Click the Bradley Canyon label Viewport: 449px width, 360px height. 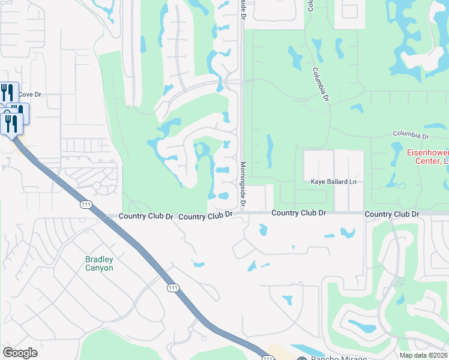pyautogui.click(x=99, y=264)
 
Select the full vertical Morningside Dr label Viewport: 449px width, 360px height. pyautogui.click(x=243, y=184)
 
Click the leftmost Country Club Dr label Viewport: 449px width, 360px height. pyautogui.click(x=146, y=216)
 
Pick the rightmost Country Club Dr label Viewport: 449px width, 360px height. pyautogui.click(x=391, y=214)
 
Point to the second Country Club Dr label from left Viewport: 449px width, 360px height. pyautogui.click(x=205, y=216)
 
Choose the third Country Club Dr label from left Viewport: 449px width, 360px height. pyautogui.click(x=298, y=213)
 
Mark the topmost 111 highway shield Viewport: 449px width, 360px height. pyautogui.click(x=86, y=205)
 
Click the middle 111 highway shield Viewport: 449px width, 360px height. pyautogui.click(x=173, y=289)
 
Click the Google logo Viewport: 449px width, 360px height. pyautogui.click(x=20, y=353)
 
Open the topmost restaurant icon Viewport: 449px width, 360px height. pyautogui.click(x=7, y=92)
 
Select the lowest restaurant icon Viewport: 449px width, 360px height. pyautogui.click(x=11, y=123)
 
